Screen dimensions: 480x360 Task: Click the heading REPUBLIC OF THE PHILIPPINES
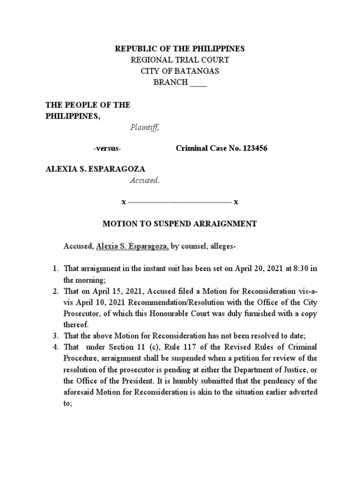(180, 49)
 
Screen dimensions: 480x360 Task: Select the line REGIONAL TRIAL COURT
(180, 60)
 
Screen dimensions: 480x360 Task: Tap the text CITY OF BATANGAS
(180, 72)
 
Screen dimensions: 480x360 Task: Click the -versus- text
(107, 149)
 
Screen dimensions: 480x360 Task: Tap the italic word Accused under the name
(144, 181)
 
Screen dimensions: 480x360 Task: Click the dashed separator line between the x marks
(180, 202)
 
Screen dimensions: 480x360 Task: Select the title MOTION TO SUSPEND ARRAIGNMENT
(180, 224)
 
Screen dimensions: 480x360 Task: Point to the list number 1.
(54, 269)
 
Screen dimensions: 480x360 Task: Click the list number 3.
(54, 336)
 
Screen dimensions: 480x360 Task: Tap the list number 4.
(54, 347)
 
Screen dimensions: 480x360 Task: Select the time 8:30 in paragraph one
(300, 269)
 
